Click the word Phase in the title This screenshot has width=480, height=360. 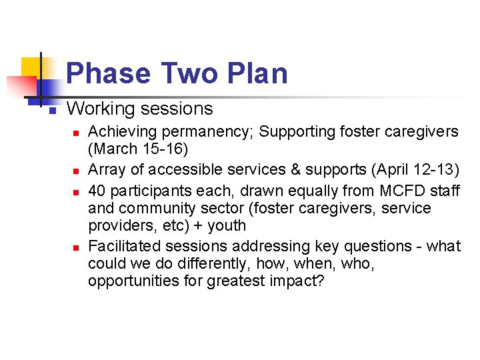coord(108,73)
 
